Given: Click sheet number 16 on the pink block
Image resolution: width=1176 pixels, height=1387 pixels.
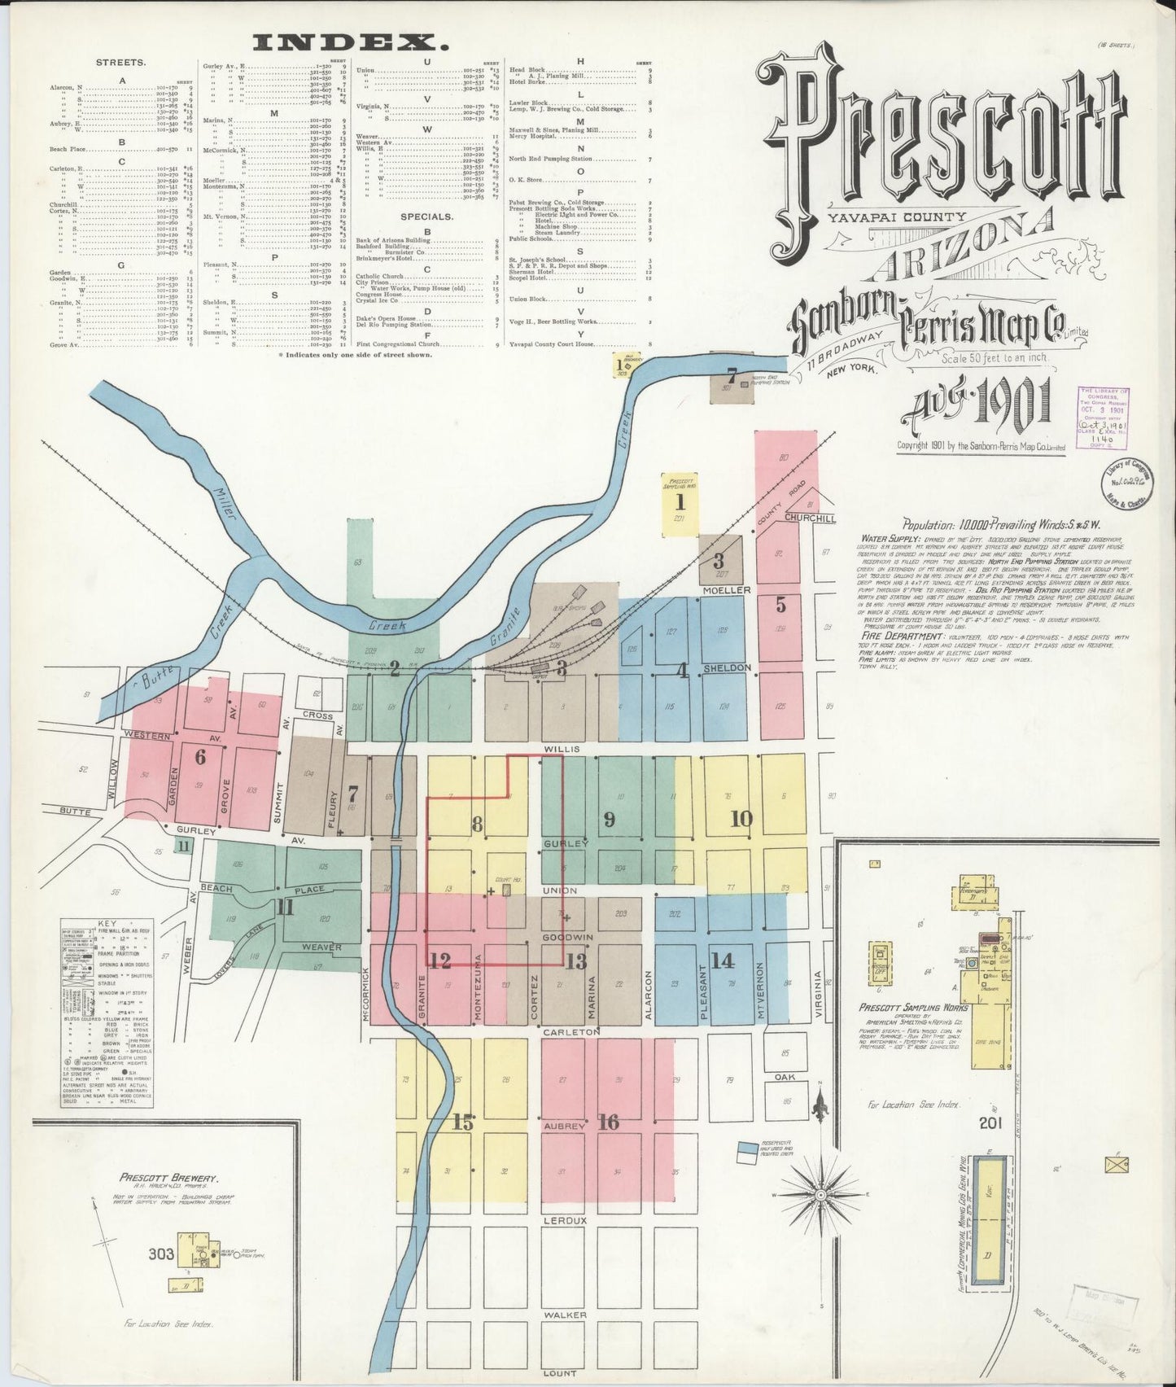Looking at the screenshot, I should pyautogui.click(x=608, y=1122).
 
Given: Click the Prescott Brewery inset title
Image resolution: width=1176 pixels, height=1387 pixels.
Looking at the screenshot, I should pyautogui.click(x=168, y=1178).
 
